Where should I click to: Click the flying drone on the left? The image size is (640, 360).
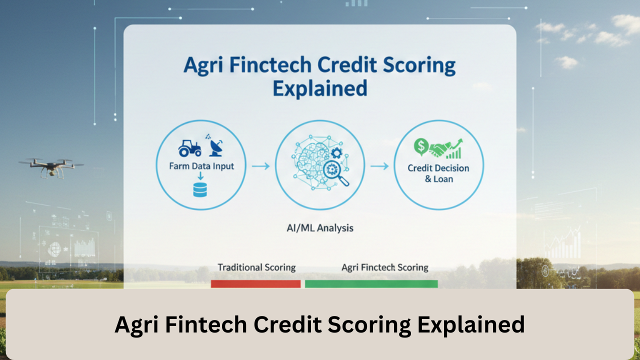pos(50,166)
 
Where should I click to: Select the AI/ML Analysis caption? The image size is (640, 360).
pos(320,228)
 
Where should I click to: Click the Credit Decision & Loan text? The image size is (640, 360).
pos(438,173)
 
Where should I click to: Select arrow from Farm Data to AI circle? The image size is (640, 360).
pos(260,166)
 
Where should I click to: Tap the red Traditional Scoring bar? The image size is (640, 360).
pos(255,283)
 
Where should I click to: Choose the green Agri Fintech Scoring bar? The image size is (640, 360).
pos(371,283)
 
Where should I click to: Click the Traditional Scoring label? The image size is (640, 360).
pos(256,267)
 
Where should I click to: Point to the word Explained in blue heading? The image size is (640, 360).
pos(320,88)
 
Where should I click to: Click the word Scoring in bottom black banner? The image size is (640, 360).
pos(369,324)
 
